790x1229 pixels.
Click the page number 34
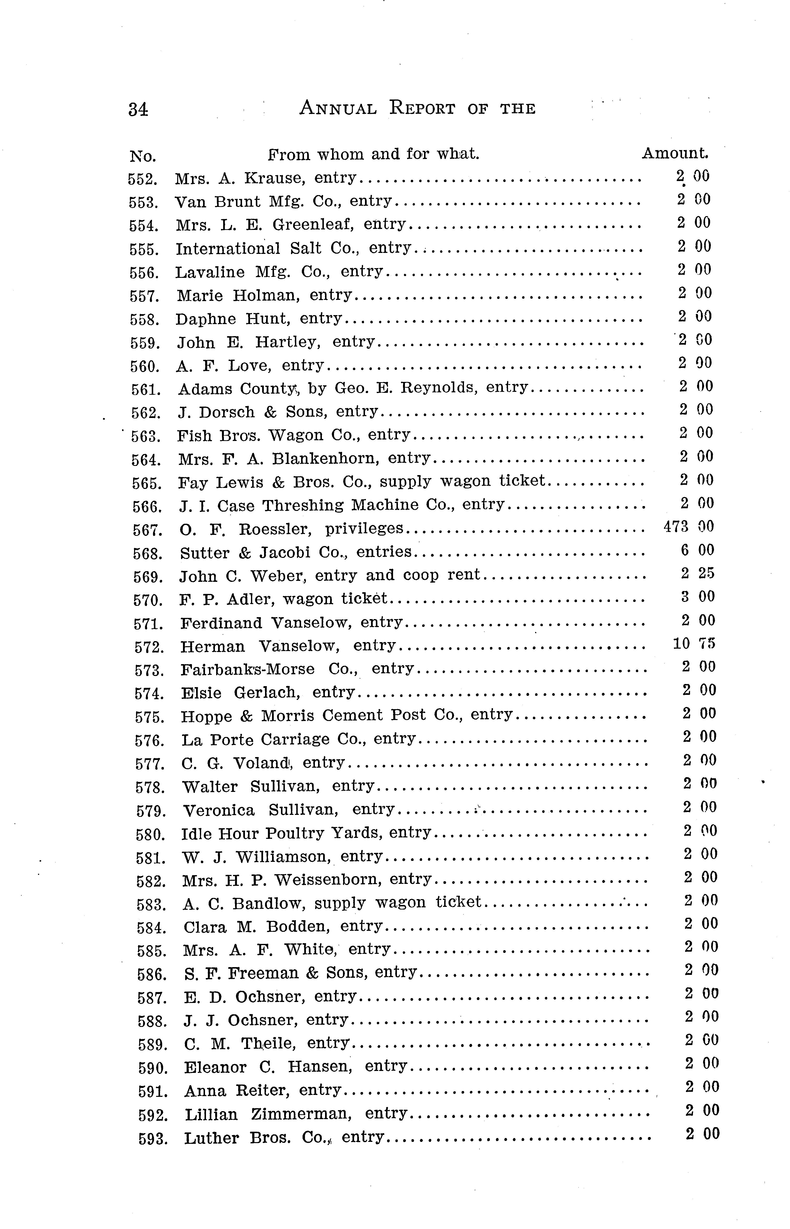(x=138, y=109)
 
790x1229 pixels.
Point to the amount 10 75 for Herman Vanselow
(x=694, y=643)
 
